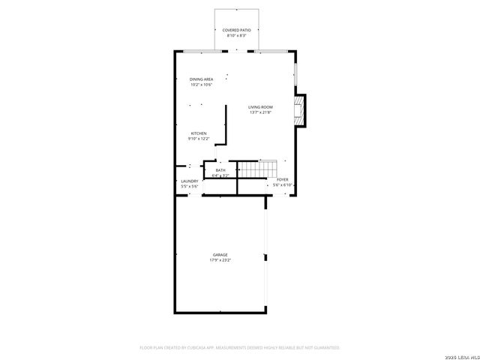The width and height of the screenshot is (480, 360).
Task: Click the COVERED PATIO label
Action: point(236,30)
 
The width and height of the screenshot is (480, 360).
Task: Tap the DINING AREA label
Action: point(201,79)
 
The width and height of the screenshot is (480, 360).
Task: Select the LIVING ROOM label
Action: point(260,107)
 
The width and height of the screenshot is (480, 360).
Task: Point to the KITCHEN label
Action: point(198,133)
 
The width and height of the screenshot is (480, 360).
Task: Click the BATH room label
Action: point(220,170)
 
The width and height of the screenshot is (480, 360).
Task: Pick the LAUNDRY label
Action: point(189,181)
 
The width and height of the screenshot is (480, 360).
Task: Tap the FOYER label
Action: point(283,180)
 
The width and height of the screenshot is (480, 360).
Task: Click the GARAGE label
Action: point(220,254)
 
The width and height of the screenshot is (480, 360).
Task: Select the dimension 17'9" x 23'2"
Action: point(220,260)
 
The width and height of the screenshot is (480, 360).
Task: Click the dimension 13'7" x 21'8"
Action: point(260,112)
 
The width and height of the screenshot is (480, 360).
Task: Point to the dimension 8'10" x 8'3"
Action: point(236,35)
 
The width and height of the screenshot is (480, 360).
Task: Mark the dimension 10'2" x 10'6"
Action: point(201,85)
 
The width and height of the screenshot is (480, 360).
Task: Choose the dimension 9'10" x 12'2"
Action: point(198,139)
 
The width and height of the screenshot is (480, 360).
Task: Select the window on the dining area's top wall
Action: point(201,51)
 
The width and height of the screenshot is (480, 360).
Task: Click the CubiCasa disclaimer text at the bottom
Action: point(240,347)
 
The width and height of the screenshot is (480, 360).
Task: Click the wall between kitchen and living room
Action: point(225,124)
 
